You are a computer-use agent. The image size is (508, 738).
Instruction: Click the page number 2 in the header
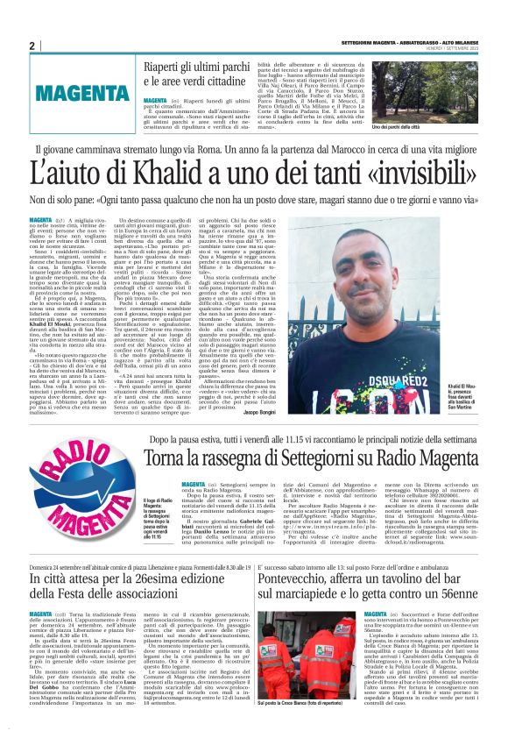pos(32,46)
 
